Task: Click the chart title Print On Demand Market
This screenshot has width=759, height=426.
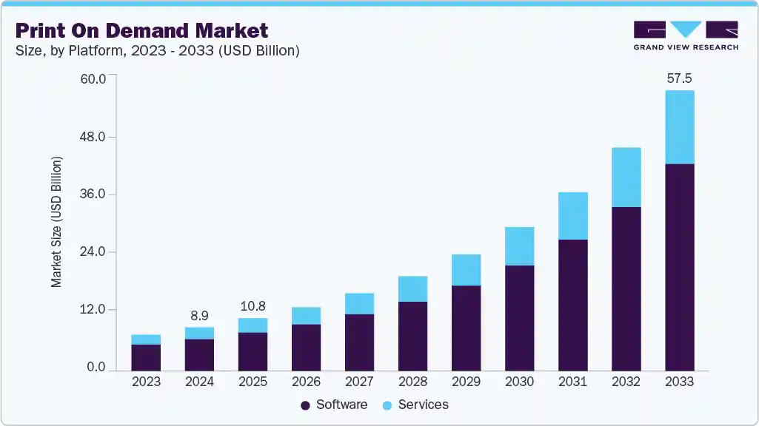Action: click(x=141, y=30)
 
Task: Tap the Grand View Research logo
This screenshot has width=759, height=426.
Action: click(x=685, y=35)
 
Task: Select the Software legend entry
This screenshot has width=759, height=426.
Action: click(x=334, y=405)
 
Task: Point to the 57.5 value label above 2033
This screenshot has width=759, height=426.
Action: click(x=679, y=78)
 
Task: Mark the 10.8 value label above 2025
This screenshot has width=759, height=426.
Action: click(x=253, y=305)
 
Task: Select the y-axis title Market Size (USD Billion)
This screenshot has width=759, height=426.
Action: click(x=56, y=222)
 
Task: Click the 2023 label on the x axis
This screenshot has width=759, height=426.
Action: click(x=146, y=382)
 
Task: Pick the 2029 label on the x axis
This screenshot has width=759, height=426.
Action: click(x=466, y=382)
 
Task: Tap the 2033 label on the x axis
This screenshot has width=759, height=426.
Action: click(x=679, y=382)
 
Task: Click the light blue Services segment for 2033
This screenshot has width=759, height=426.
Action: click(x=679, y=126)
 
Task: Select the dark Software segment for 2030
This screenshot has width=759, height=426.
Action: click(x=519, y=317)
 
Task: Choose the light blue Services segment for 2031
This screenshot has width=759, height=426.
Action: click(x=572, y=215)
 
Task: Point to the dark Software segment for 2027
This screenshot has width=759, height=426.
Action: click(x=359, y=342)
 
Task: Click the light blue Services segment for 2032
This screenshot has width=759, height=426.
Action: click(x=626, y=177)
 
